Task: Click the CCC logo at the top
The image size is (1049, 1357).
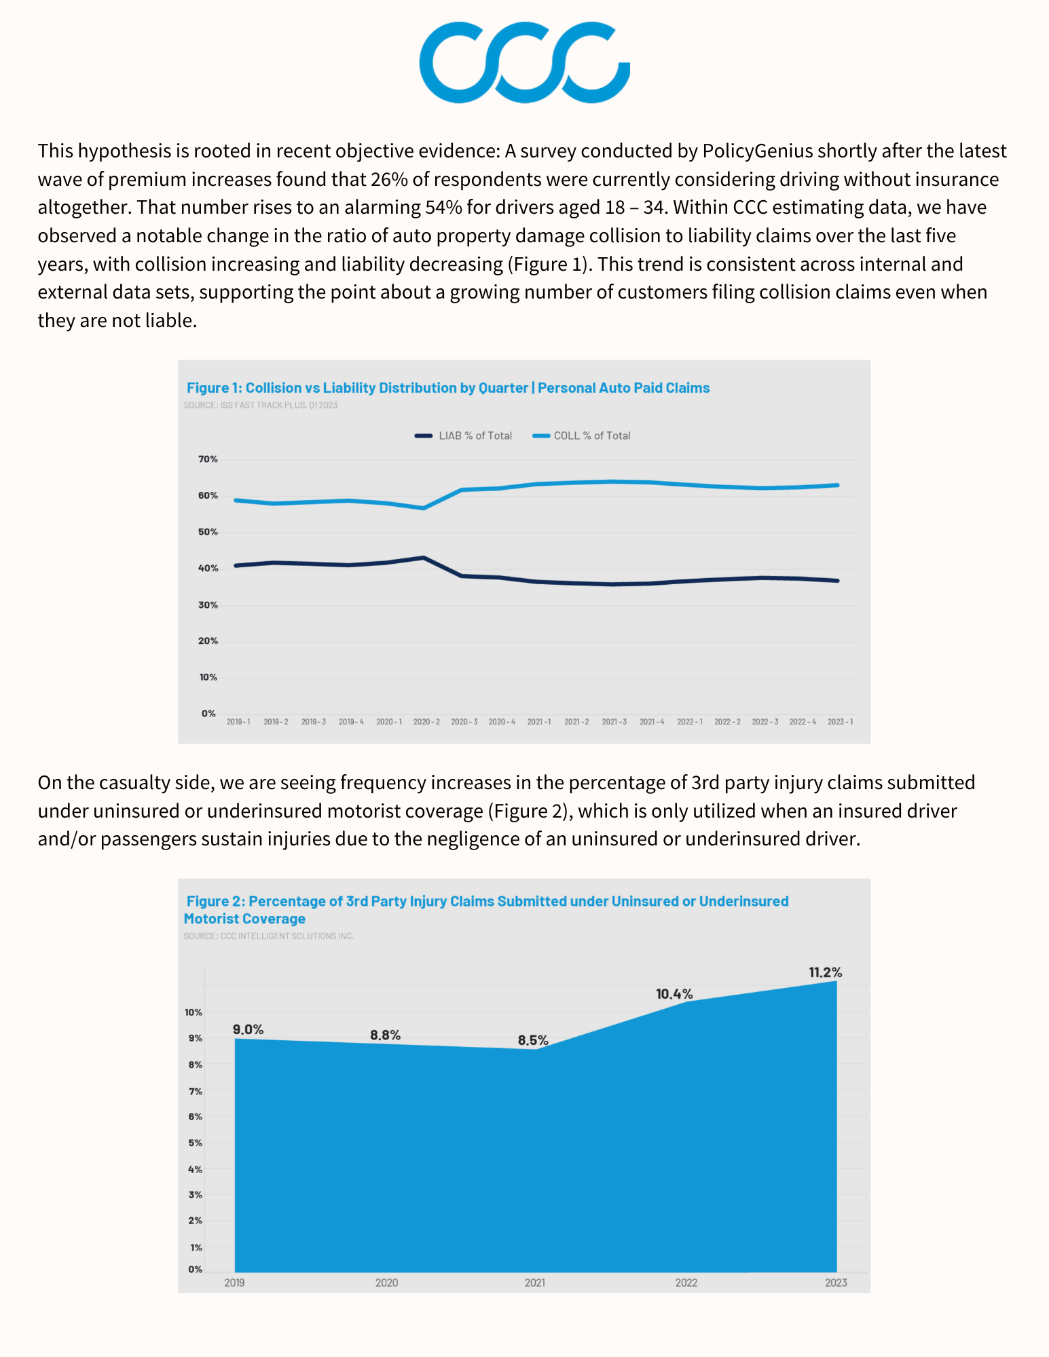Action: click(524, 62)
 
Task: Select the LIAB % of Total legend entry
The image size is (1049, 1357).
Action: click(464, 436)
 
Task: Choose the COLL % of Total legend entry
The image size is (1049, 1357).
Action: click(582, 436)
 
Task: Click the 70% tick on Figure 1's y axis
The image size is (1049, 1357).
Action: click(208, 459)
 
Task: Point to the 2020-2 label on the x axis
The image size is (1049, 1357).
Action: click(426, 722)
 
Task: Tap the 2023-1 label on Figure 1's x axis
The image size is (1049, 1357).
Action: click(840, 722)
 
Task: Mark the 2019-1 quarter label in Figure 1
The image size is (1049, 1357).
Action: click(238, 722)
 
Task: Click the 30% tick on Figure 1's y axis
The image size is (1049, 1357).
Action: click(208, 605)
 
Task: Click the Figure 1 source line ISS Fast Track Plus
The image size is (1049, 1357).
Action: click(261, 405)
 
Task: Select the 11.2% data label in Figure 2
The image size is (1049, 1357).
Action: click(825, 972)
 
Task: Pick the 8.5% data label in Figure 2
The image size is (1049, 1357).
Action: click(533, 1040)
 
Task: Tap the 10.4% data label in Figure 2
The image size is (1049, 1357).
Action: click(674, 994)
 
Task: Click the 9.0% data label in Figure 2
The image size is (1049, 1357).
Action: click(248, 1029)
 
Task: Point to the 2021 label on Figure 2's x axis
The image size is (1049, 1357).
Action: click(534, 1282)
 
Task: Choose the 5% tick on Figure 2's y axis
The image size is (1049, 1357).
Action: click(196, 1143)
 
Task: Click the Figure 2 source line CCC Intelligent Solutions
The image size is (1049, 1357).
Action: click(269, 936)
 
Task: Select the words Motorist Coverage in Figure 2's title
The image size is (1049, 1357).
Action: click(244, 919)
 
